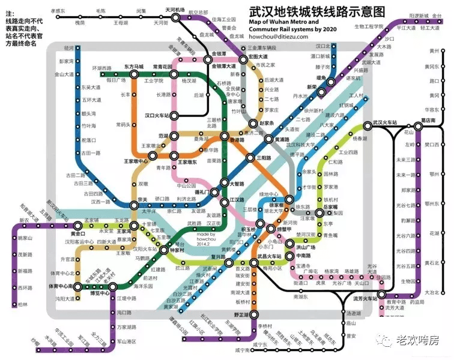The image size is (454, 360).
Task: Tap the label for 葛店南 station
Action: pyautogui.click(x=428, y=120)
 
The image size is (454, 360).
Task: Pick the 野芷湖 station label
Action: pyautogui.click(x=241, y=314)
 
